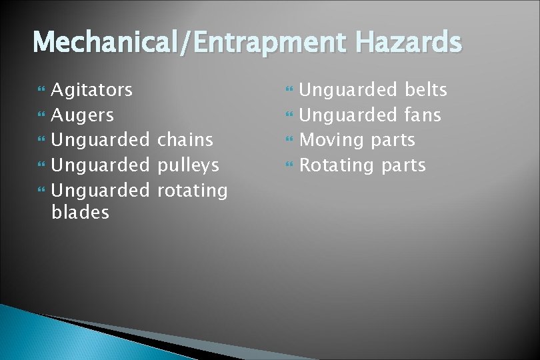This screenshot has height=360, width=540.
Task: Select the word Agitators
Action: pos(92,89)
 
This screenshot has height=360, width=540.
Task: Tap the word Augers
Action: pos(83,115)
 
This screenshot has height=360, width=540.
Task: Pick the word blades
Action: pos(80,213)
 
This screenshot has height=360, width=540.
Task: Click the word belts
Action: pos(426,90)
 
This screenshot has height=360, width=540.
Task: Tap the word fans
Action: pos(423,115)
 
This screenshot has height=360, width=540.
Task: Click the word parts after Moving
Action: pos(393,141)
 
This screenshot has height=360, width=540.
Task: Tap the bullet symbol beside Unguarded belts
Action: pos(289,90)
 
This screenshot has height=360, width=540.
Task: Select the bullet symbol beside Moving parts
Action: pos(289,141)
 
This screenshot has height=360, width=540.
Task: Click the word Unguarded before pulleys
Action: pos(101,165)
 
